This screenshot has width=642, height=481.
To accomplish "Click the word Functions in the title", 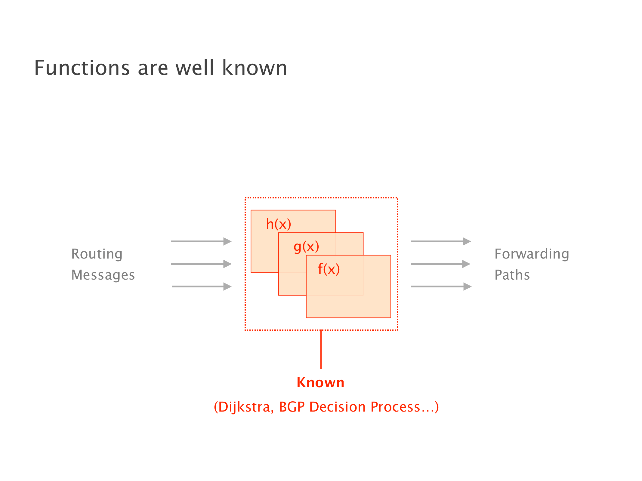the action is tap(82, 68).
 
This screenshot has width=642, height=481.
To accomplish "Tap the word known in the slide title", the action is tap(255, 68).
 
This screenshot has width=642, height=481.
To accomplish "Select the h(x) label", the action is tap(279, 224).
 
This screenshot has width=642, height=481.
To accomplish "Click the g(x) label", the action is tap(306, 247).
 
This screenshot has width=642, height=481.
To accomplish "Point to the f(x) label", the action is tap(329, 269).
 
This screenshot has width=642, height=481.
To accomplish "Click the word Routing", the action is tap(97, 254).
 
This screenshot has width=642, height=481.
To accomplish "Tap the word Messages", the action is tap(103, 275).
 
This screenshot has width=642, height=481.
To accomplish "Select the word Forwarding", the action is tap(532, 254).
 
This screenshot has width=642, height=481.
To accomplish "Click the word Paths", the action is tap(512, 275).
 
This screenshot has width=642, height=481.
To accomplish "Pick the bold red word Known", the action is tap(321, 383).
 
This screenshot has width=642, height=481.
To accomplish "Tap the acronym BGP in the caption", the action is tap(292, 407).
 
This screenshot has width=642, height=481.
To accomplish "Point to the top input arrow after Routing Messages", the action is tap(201, 241).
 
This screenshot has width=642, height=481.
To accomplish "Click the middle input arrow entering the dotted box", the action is tap(201, 264).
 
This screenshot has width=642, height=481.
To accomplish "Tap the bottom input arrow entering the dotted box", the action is tap(201, 286).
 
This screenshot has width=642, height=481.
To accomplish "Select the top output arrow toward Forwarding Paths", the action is tap(441, 241).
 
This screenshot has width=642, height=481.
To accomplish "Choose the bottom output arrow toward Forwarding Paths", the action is tap(441, 286).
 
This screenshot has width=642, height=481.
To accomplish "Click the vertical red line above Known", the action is tap(321, 349).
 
